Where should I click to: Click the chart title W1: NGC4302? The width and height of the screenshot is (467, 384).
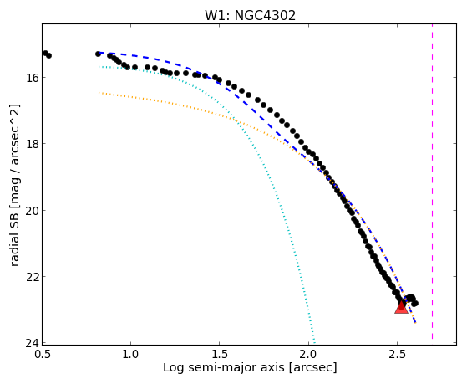tap(250, 16)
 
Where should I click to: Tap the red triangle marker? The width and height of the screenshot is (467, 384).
tap(402, 307)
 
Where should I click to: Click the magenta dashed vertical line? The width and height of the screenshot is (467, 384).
tap(432, 182)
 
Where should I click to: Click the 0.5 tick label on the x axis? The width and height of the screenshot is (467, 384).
tap(43, 354)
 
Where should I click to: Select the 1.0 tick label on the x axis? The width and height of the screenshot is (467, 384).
tap(131, 354)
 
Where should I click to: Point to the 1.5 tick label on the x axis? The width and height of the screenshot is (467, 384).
tap(220, 354)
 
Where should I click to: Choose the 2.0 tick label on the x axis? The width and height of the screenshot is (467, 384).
tap(308, 354)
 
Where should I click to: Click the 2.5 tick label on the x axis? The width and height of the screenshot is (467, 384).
tap(397, 354)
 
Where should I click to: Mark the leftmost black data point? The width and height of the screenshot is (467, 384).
tap(45, 53)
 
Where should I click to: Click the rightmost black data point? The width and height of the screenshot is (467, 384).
tap(415, 304)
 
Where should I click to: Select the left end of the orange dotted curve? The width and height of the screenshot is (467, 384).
tap(99, 93)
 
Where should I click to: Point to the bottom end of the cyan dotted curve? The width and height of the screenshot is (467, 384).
tap(314, 342)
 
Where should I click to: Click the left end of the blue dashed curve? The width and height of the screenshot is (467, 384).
tap(99, 53)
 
